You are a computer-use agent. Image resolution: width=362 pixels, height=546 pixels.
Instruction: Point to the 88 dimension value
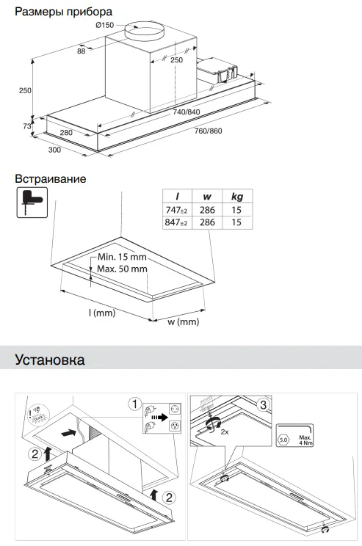(x=81, y=51)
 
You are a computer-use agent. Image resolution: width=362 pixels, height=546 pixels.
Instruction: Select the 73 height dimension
(x=26, y=126)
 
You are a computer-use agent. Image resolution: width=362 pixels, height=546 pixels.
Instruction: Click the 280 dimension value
(x=67, y=133)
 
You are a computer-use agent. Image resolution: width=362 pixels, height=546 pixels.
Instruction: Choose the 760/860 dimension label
(x=208, y=131)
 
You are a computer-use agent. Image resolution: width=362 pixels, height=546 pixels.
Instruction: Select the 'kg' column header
(x=236, y=196)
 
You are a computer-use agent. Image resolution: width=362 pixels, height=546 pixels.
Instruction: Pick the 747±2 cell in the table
(x=176, y=210)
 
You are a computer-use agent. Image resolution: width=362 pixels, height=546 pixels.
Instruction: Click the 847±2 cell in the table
(x=176, y=222)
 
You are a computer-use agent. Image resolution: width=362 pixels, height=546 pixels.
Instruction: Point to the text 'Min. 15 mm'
(x=123, y=258)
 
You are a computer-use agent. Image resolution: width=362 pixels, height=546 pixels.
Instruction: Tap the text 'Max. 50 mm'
(x=123, y=269)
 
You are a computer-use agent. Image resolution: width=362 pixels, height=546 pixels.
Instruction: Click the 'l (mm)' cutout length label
(x=104, y=313)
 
